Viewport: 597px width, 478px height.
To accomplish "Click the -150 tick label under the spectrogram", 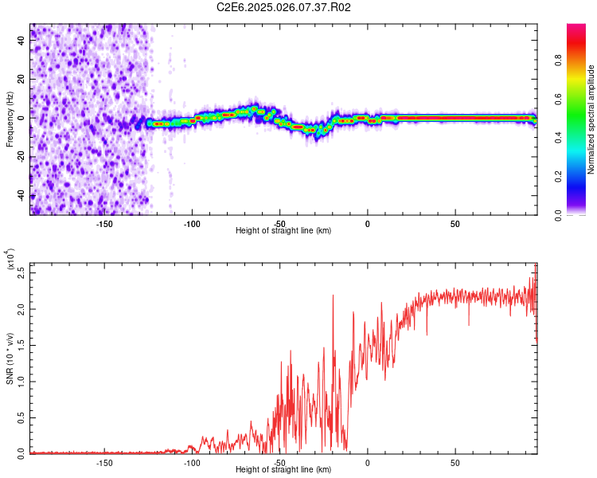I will pyautogui.click(x=104, y=224).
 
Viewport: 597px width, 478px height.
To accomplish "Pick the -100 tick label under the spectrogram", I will pyautogui.click(x=192, y=224).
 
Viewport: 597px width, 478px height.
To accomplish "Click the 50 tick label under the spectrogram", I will pyautogui.click(x=455, y=224).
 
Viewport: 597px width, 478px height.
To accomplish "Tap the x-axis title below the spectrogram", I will pyautogui.click(x=283, y=231).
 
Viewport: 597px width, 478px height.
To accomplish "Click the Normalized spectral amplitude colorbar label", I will pyautogui.click(x=591, y=120).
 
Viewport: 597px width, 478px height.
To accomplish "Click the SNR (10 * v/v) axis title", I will pyautogui.click(x=10, y=358).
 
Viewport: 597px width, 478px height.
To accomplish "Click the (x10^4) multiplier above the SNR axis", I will pyautogui.click(x=12, y=260).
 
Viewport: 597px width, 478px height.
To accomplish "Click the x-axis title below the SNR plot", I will pyautogui.click(x=283, y=470).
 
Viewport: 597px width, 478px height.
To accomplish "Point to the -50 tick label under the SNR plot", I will pyautogui.click(x=279, y=463).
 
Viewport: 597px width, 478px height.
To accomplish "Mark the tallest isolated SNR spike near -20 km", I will pyautogui.click(x=333, y=296).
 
